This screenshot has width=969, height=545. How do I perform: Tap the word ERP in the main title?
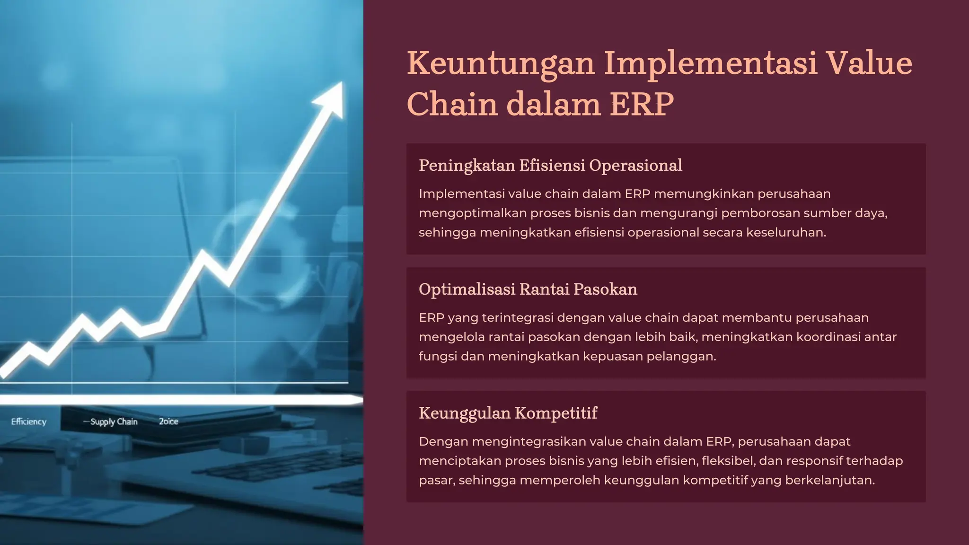[642, 105]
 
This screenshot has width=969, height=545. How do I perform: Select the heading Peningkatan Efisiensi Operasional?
[550, 166]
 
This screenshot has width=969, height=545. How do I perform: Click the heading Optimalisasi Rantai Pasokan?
[528, 289]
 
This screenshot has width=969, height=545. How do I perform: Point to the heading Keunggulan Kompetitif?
[508, 413]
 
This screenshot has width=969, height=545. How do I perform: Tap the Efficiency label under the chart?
[29, 422]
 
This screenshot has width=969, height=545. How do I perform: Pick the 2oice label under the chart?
[168, 422]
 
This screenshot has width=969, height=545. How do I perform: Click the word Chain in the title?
[452, 105]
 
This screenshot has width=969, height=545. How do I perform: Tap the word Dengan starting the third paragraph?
[443, 442]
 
